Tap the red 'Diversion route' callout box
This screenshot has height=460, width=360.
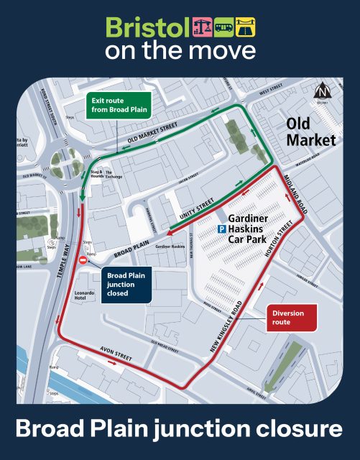click(291, 318)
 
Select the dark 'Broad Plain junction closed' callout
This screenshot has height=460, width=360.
click(126, 284)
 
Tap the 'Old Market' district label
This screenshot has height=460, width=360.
click(310, 131)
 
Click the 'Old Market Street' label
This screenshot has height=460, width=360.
click(152, 130)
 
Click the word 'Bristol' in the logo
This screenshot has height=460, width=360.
click(147, 28)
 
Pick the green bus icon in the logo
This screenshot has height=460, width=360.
click(224, 27)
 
